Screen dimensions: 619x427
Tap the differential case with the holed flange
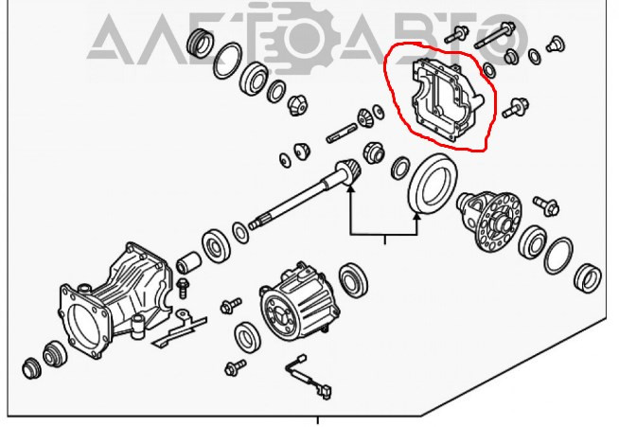[489, 221]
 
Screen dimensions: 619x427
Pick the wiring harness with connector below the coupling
[309, 377]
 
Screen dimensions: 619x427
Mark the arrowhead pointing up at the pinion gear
[350, 188]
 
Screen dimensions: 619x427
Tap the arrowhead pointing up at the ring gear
[416, 217]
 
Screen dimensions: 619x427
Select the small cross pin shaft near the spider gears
[342, 133]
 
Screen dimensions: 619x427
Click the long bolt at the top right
[494, 35]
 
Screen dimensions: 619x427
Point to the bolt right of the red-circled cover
[516, 107]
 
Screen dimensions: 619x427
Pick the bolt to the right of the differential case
[546, 205]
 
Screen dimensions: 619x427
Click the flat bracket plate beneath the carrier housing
[179, 329]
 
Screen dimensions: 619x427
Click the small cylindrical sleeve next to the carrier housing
[188, 262]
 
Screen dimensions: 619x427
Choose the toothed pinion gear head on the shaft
[348, 172]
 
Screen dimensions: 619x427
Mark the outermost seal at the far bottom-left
[31, 368]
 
